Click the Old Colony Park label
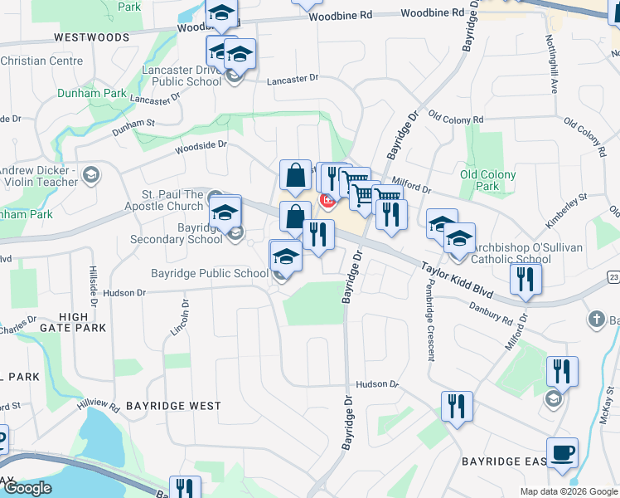[487, 180]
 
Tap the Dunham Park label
[92, 94]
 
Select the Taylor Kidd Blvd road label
[457, 281]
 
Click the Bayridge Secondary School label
[176, 233]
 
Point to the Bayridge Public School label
[209, 273]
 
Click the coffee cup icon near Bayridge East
[562, 453]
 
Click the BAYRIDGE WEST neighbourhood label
[173, 406]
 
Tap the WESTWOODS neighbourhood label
[92, 38]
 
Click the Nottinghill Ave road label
[550, 66]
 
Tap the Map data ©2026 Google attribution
[569, 491]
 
